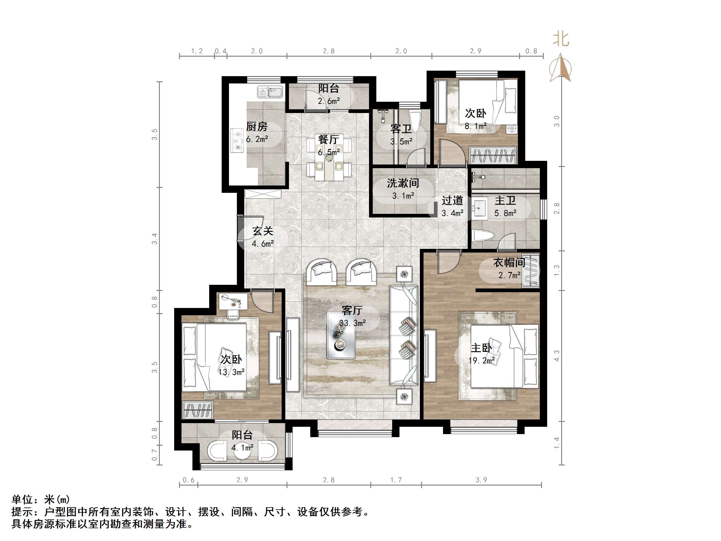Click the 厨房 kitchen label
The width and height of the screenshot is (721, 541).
tap(257, 126)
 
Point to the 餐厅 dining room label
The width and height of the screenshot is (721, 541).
tap(329, 140)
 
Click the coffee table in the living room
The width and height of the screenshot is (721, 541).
tap(341, 335)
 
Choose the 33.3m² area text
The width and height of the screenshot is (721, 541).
tap(352, 323)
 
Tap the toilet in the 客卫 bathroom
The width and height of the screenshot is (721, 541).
tap(415, 121)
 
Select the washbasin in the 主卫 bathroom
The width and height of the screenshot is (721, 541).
tap(479, 208)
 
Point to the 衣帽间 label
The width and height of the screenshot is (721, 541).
tap(509, 263)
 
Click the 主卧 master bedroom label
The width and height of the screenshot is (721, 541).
tap(481, 348)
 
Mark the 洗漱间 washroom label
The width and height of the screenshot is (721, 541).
tap(403, 183)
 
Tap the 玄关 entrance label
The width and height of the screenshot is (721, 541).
tap(263, 231)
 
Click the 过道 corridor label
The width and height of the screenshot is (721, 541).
tap(452, 200)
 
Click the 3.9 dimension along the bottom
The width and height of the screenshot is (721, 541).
tap(481, 480)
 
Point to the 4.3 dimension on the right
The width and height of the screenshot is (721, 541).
tap(557, 355)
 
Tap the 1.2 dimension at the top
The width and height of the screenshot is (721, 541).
tap(197, 51)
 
